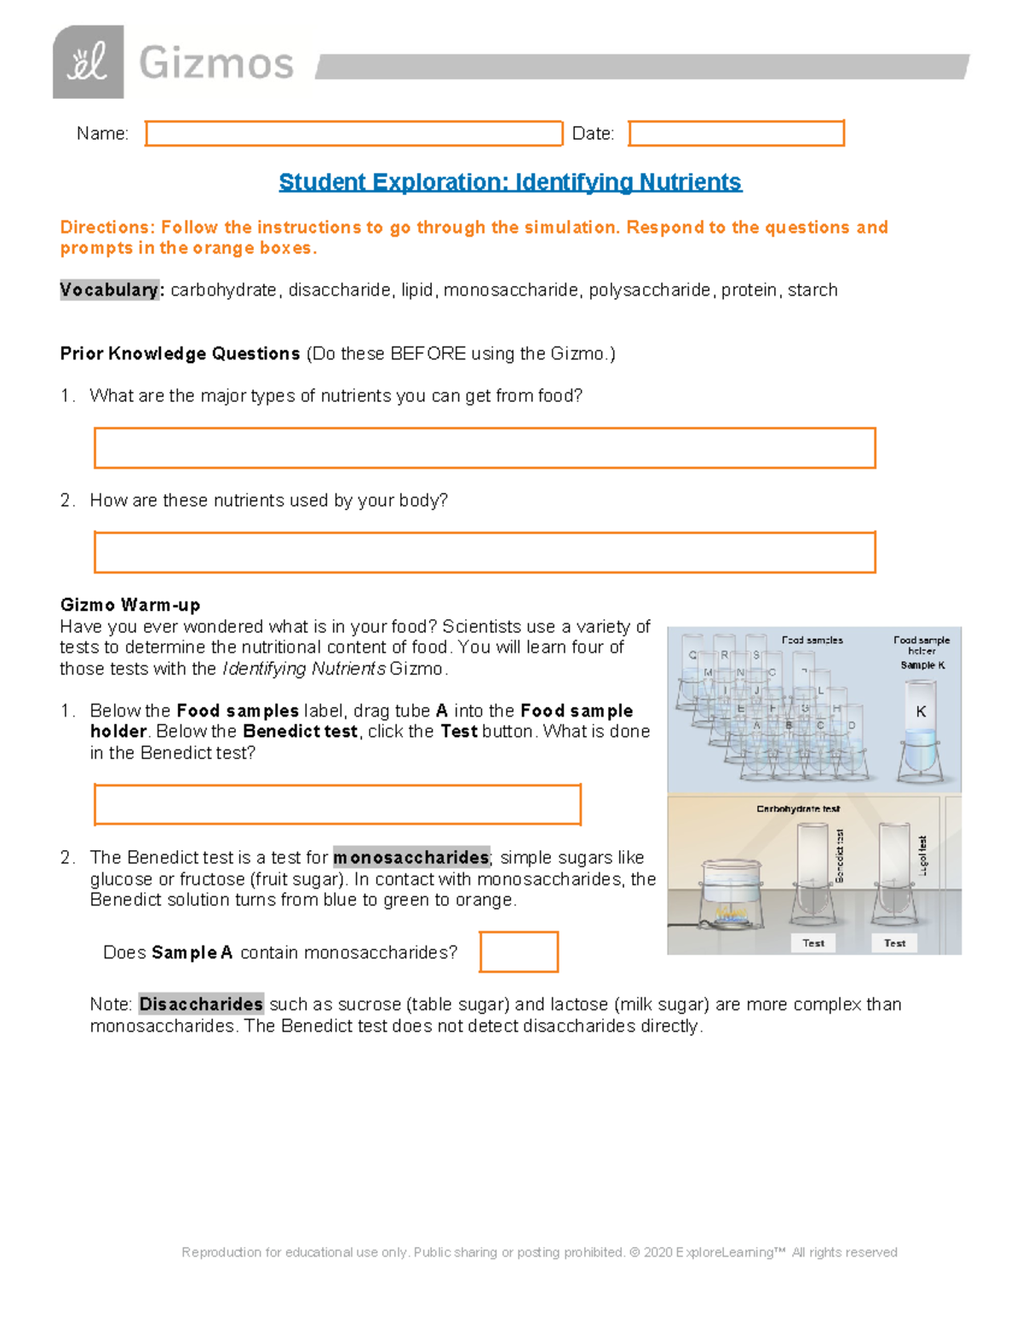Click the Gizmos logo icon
pyautogui.click(x=88, y=61)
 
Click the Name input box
pyautogui.click(x=353, y=134)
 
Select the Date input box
pyautogui.click(x=736, y=134)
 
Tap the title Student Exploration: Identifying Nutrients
pyautogui.click(x=510, y=182)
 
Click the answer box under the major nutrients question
pyautogui.click(x=485, y=448)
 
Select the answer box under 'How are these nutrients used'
pyautogui.click(x=485, y=552)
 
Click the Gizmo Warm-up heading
pyautogui.click(x=130, y=605)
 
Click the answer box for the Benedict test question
pyautogui.click(x=337, y=804)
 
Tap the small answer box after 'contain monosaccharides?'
pyautogui.click(x=519, y=952)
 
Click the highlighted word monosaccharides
pyautogui.click(x=411, y=857)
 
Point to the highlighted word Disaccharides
pyautogui.click(x=201, y=1004)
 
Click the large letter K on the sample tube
pyautogui.click(x=921, y=711)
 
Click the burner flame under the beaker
pyautogui.click(x=730, y=913)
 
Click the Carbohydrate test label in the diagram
pyautogui.click(x=798, y=808)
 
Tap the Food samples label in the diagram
pyautogui.click(x=812, y=640)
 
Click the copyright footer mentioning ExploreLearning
pyautogui.click(x=539, y=1252)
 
